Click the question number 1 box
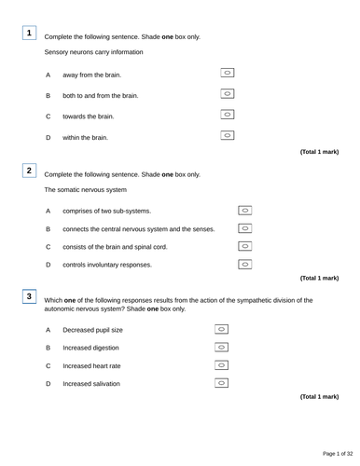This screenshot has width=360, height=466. (30, 34)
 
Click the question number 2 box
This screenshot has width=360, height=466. (30, 170)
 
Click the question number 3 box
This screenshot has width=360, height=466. (30, 296)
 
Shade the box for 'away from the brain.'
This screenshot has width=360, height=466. (228, 73)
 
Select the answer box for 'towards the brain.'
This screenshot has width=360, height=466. (228, 115)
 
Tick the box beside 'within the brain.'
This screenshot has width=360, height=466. (228, 136)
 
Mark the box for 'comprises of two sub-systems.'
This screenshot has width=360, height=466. (245, 210)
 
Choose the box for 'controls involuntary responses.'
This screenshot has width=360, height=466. (245, 264)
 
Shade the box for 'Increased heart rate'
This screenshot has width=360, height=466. (222, 365)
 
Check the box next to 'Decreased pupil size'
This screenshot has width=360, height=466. (222, 330)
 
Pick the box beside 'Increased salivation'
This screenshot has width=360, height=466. (222, 383)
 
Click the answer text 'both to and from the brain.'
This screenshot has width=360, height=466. (100, 95)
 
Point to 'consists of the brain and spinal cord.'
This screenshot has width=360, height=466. (127, 247)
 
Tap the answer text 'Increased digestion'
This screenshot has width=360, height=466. (90, 348)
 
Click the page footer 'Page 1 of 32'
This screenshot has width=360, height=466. (331, 454)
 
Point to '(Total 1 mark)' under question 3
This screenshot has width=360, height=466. (319, 397)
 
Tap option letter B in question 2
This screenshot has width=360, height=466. (48, 228)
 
